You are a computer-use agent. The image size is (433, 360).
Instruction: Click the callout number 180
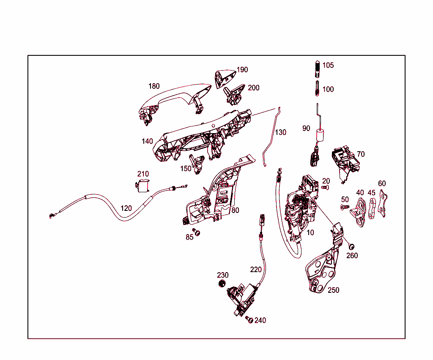point(154,86)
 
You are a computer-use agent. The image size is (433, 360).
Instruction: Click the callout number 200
point(254,88)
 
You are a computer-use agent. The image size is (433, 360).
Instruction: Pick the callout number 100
point(328,89)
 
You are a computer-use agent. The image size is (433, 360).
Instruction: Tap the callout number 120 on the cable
point(126,208)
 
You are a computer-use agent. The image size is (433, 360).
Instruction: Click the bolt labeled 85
point(197,232)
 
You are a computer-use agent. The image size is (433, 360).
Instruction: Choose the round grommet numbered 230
point(222,283)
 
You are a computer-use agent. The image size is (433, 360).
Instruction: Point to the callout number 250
point(333,290)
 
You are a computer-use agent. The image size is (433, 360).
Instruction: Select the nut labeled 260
point(351,246)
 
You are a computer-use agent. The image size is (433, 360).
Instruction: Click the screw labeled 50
point(344,207)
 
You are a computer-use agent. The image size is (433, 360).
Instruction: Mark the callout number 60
point(382,183)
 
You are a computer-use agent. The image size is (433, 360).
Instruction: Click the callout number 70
point(360,154)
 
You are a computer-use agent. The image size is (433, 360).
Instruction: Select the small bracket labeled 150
point(197,163)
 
